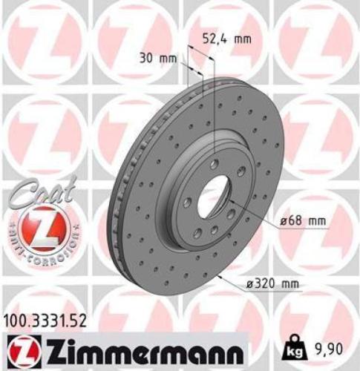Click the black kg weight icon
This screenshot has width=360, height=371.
[x=295, y=346]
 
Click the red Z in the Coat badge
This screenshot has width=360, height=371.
[x=39, y=226]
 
